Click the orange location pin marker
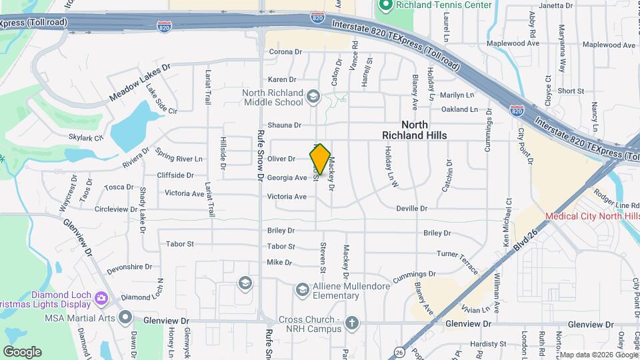pos(320,158)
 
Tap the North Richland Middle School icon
pos(312,98)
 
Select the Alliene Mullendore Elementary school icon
pos(303,289)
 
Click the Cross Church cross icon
pos(352,324)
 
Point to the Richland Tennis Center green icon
pos(385,5)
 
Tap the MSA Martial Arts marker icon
pos(125,317)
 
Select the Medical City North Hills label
pos(592,216)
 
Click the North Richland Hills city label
pos(414,130)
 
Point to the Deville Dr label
pos(411,209)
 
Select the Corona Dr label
pos(285,52)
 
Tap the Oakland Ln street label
pos(459,109)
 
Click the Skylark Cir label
pos(86,139)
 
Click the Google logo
pos(21,351)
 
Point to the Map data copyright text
pos(598,355)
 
